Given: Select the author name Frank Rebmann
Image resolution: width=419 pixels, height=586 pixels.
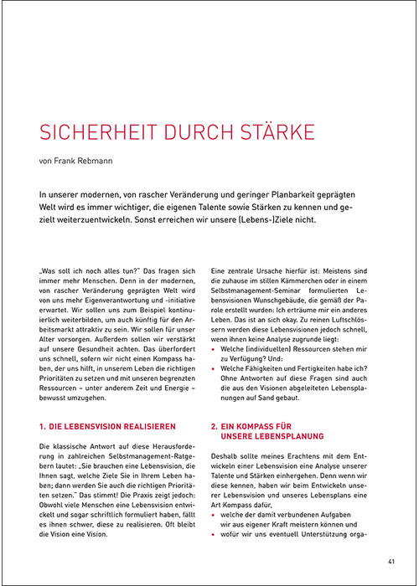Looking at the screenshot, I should tap(86, 161).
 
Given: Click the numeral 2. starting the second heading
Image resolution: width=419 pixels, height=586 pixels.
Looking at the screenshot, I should tap(215, 426).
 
